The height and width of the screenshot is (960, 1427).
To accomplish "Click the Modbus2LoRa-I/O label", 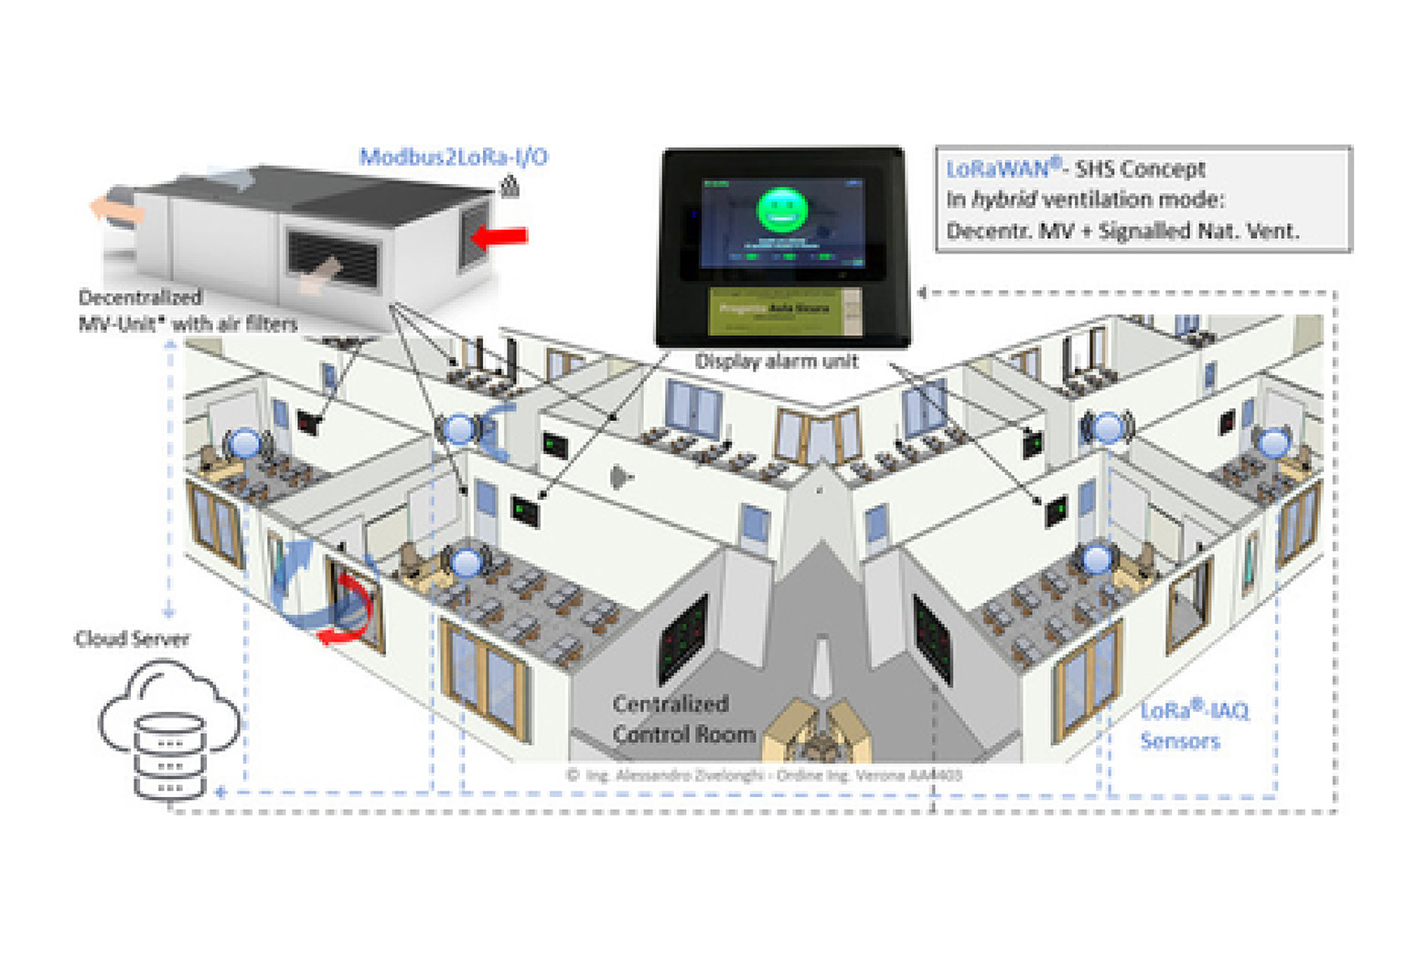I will point(454,156).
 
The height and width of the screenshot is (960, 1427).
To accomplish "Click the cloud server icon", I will point(169,732).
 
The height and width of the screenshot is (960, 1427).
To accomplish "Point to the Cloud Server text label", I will point(132,639).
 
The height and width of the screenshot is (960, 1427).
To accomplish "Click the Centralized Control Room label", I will point(683,719).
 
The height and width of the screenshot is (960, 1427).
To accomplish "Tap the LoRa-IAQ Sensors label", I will point(1193,726).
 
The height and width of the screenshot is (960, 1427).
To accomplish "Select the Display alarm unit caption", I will point(777,361).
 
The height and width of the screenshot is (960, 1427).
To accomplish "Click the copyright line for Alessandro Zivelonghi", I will point(764,775).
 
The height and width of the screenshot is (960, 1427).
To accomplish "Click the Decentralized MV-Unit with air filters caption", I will point(187,310).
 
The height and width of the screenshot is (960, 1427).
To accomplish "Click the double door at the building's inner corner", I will point(818,436).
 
